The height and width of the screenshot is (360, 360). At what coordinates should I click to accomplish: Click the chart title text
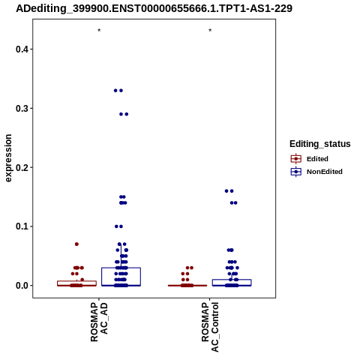[154, 8]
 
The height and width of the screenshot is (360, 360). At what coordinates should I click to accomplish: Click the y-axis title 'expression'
[8, 158]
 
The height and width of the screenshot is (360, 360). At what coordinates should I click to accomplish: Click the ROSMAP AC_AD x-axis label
[99, 322]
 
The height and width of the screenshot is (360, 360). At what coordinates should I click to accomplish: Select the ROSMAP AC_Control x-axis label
[210, 327]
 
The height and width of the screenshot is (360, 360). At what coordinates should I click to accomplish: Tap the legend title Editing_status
[320, 144]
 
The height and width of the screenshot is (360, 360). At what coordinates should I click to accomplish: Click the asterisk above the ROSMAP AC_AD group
[99, 31]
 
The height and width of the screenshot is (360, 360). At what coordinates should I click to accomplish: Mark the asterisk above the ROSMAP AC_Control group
[210, 31]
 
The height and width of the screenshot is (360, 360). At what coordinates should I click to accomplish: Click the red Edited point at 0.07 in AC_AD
[76, 244]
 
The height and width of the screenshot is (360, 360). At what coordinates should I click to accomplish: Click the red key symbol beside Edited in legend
[296, 159]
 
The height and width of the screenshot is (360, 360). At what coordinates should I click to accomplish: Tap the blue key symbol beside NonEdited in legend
[296, 172]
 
